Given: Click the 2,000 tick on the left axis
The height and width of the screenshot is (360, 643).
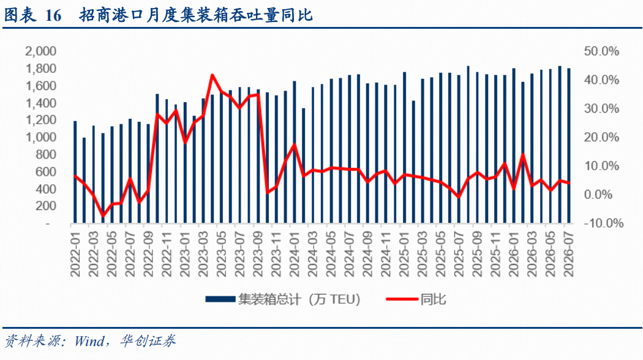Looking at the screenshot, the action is click(x=40, y=51).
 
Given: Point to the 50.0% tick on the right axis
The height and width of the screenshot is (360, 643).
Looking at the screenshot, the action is click(x=601, y=51).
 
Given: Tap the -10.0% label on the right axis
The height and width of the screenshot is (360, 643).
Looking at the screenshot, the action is click(x=603, y=223).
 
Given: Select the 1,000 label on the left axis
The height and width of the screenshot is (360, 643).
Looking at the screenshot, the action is click(x=40, y=137).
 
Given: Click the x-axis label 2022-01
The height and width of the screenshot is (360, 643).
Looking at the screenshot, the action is click(x=75, y=253).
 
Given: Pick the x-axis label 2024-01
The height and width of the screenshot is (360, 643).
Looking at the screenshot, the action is click(x=295, y=253).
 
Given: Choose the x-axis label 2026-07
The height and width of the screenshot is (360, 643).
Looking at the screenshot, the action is click(x=569, y=253).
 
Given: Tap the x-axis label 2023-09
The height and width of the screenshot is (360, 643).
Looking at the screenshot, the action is click(x=258, y=253).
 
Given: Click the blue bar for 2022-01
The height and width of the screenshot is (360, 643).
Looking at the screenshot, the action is click(x=75, y=172).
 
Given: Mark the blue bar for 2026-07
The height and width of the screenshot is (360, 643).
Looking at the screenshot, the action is click(x=569, y=146).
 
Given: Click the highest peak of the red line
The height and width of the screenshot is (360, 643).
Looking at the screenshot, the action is click(x=212, y=75).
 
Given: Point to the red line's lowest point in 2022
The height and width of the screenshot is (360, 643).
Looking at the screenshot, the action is click(x=102, y=216).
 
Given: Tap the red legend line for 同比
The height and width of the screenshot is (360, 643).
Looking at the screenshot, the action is click(x=402, y=299).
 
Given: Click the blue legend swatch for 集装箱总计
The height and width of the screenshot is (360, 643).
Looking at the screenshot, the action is click(x=220, y=299).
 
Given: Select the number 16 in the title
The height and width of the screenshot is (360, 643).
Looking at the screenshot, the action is click(x=53, y=15).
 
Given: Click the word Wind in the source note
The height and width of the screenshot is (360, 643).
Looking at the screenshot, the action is click(x=89, y=341).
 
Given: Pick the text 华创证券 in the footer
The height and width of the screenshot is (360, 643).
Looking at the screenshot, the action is click(x=148, y=341).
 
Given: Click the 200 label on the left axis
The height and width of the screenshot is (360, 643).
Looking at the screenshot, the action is click(x=46, y=206).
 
